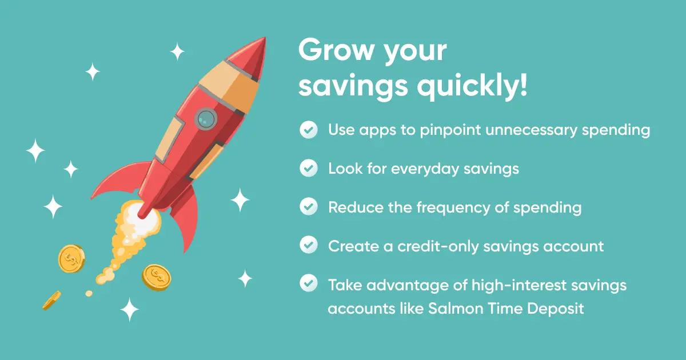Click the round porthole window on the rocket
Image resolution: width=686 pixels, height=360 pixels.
(206, 118)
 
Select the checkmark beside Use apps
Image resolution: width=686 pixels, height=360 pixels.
(309, 130)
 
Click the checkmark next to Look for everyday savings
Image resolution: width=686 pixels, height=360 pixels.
(309, 169)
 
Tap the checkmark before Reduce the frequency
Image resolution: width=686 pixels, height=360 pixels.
(309, 207)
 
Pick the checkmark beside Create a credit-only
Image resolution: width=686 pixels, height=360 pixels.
(309, 246)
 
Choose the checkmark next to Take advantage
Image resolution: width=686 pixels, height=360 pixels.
(309, 284)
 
